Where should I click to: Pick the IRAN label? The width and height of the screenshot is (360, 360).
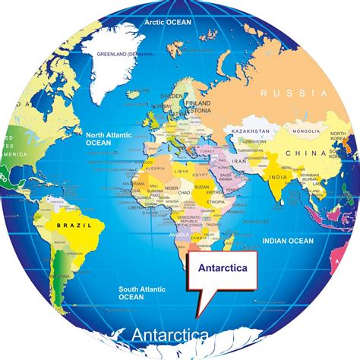point(238,161)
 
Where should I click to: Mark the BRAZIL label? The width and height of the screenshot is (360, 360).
point(65,226)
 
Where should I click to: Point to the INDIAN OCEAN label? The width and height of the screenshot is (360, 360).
point(287,241)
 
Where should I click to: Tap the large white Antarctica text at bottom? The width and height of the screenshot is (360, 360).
point(169,335)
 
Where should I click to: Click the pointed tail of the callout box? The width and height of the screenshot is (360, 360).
point(199,312)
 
